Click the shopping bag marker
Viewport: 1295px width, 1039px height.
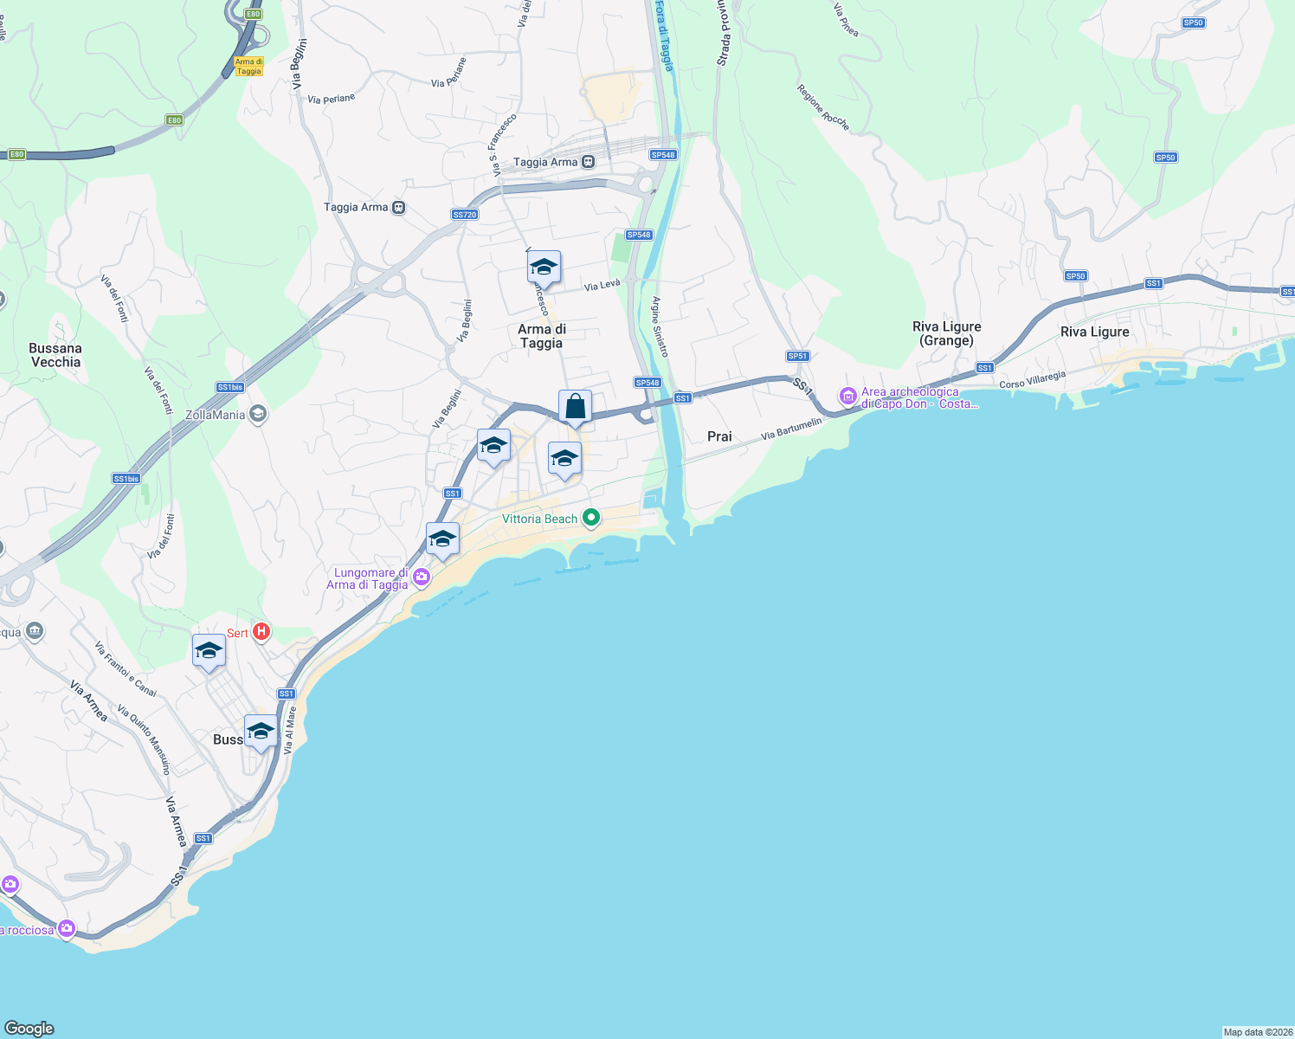575,407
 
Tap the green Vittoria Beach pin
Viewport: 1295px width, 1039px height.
591,519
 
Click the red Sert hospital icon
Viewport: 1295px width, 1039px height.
261,633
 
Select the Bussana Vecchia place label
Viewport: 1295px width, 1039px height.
55,355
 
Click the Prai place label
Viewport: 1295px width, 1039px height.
719,436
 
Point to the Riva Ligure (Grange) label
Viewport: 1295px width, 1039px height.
947,333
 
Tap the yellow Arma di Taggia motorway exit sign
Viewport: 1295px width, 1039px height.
248,67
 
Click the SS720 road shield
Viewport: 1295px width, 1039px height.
465,215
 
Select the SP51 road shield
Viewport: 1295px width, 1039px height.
797,356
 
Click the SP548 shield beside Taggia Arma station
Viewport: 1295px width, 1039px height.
663,155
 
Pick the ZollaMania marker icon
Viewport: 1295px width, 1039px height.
257,414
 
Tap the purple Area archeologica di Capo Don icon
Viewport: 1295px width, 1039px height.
847,397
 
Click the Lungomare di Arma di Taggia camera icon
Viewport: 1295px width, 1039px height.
422,578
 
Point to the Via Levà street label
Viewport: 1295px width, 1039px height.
602,285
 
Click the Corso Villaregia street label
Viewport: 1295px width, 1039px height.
1032,379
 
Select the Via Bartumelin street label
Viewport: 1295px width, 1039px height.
791,429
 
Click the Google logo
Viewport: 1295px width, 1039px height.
29,1028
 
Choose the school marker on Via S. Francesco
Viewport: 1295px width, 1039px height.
544,268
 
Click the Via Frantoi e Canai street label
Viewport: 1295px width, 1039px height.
126,669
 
